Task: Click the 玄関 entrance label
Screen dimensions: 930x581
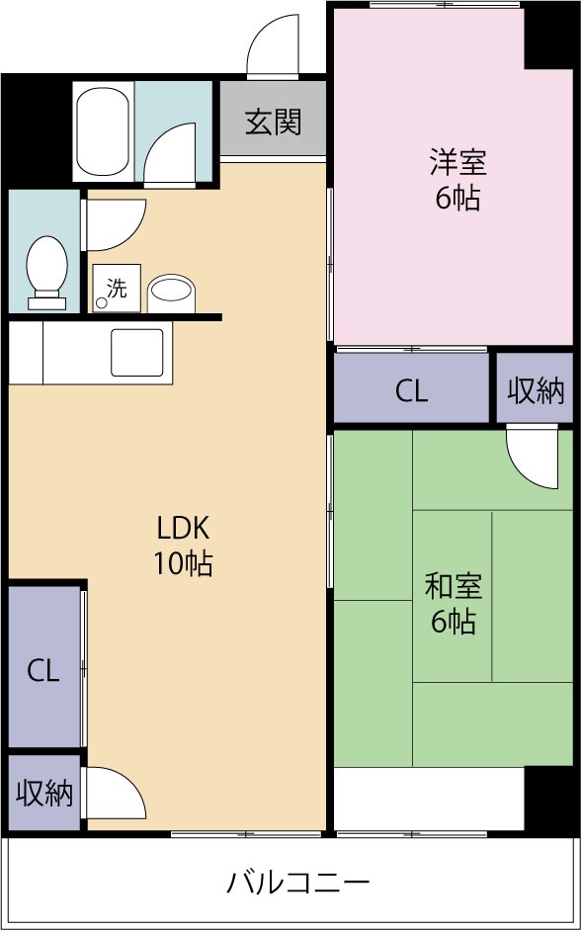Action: coord(273,123)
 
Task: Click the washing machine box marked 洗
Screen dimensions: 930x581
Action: coord(116,289)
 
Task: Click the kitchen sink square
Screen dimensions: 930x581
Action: coord(136,352)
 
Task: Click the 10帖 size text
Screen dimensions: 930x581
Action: coord(184,563)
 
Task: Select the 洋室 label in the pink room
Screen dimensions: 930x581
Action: coord(456,161)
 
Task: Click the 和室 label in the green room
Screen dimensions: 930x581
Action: coord(454,586)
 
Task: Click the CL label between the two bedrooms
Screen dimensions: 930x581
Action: coord(412,390)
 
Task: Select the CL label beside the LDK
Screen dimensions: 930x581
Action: coord(42,671)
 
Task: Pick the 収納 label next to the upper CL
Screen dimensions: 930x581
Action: coord(536,390)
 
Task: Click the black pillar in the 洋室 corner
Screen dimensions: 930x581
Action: coord(550,37)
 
